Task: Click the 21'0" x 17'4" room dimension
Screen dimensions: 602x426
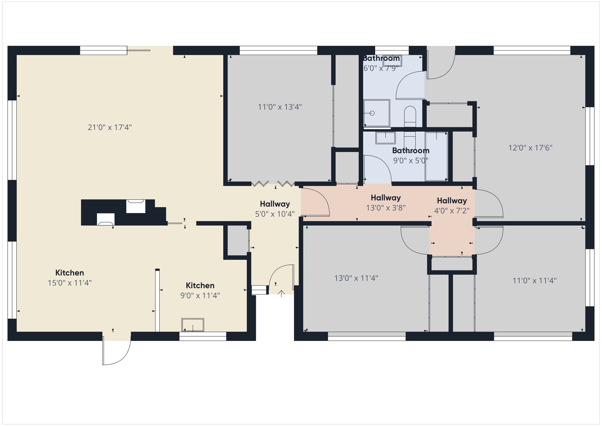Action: point(110,127)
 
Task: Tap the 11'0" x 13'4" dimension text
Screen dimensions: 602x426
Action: point(280,107)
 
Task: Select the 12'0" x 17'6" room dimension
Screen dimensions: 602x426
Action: point(530,148)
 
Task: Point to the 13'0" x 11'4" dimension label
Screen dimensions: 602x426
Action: point(356,278)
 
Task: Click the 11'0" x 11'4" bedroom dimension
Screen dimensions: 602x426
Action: point(534,281)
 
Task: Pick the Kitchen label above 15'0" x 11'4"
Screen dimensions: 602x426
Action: point(70,273)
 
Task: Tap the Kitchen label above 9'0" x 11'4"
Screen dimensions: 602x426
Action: point(200,285)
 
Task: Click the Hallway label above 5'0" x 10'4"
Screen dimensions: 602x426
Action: point(275,204)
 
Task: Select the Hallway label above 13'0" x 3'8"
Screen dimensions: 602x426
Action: point(386,198)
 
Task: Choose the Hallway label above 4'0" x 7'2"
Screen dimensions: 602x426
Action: point(452,201)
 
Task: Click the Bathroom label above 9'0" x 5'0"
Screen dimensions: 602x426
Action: point(411,151)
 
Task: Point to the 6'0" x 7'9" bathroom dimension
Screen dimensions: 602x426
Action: point(381,68)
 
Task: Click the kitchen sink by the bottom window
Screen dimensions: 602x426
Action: point(193,325)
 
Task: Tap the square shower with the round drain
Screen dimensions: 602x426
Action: point(377,113)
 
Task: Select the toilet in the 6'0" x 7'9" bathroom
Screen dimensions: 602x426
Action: point(410,117)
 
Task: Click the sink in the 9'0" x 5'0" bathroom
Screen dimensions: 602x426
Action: point(385,138)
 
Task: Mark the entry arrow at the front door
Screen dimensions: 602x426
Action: point(282,294)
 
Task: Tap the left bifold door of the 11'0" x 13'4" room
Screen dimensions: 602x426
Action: point(260,184)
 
